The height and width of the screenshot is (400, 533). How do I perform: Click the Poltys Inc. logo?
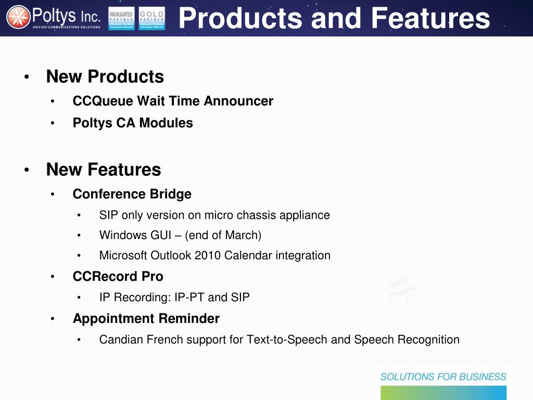point(53,18)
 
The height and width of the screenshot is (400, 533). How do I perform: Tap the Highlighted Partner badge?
point(121,18)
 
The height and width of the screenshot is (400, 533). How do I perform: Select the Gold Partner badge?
point(152,18)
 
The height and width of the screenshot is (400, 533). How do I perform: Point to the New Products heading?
point(105,77)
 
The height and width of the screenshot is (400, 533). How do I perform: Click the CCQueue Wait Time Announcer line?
point(173,101)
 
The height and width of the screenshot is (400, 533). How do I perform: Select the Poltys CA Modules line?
point(133,123)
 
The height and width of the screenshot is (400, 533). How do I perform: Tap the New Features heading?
point(104,169)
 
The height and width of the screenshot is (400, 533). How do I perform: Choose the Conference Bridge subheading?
point(132,194)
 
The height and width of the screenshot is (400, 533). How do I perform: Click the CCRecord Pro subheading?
point(118,277)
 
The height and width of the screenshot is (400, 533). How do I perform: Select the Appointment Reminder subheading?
point(146,318)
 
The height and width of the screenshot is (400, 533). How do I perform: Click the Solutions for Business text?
point(443,377)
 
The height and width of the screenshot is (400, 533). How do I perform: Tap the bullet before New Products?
point(26,78)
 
